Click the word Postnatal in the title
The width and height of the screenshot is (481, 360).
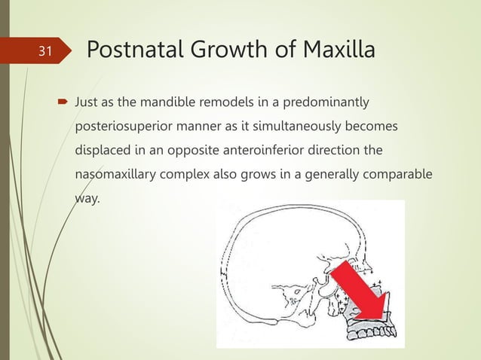tap(136, 51)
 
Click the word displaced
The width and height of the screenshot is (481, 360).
tap(102, 150)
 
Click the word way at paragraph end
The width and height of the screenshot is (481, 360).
tap(87, 199)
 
